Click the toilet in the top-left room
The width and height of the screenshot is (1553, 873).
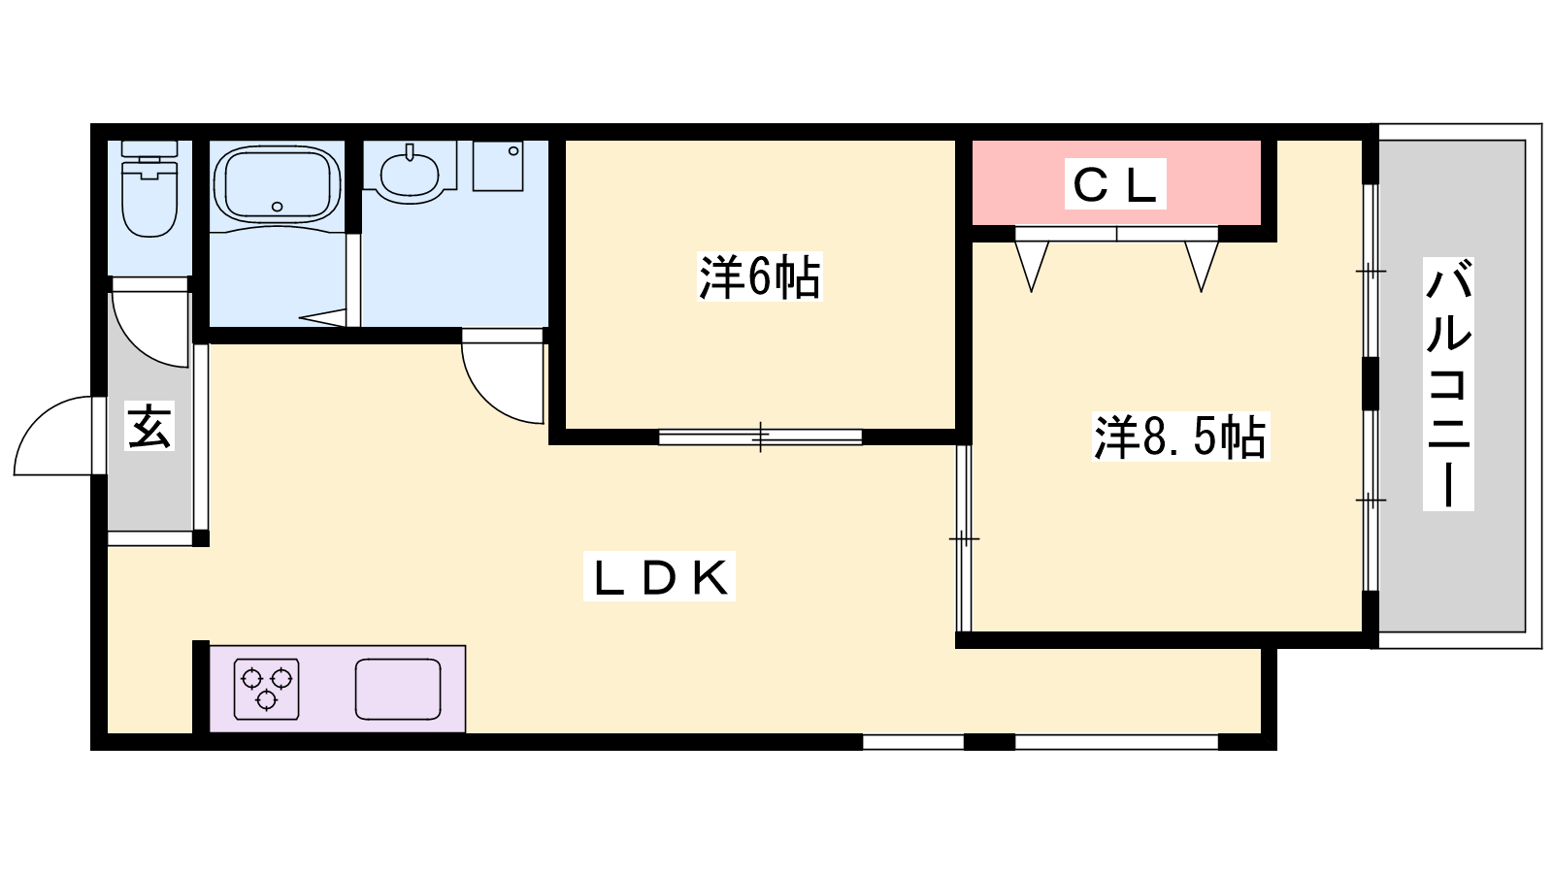point(149,194)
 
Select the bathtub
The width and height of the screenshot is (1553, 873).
point(277,184)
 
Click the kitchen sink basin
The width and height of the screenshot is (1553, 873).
point(398,690)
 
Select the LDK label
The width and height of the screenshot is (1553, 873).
point(659,578)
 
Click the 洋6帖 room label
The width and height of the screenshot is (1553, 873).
point(759,277)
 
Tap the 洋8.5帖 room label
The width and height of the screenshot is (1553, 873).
point(1180,436)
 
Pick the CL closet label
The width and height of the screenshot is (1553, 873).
point(1115,184)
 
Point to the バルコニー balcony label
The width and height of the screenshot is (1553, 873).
point(1448,383)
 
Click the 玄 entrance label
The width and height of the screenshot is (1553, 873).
point(150,427)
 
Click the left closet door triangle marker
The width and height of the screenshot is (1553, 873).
point(1031,262)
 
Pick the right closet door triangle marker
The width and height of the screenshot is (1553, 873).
point(1202,262)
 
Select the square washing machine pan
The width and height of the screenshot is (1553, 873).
point(498,166)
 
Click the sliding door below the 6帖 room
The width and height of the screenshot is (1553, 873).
point(760,436)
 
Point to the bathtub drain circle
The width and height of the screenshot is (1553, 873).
point(278,207)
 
